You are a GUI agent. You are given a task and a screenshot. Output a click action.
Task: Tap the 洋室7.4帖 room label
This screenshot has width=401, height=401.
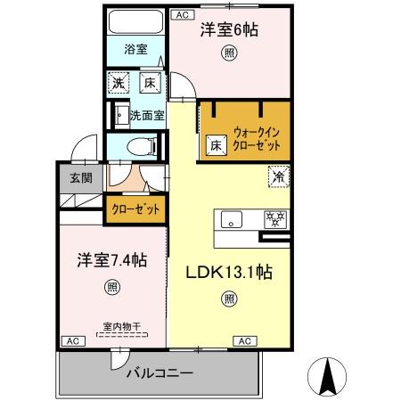110,261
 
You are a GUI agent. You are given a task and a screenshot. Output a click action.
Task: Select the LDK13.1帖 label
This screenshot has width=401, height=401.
228,274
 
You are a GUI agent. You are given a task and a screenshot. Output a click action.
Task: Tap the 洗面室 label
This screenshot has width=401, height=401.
146,115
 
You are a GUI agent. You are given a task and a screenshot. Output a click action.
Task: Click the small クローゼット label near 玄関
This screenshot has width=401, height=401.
135,209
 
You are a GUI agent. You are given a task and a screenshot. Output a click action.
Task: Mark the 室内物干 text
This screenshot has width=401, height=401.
110,327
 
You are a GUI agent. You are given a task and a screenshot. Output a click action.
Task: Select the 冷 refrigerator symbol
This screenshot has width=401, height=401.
279,176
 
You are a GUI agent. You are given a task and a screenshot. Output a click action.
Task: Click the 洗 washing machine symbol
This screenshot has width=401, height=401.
119,86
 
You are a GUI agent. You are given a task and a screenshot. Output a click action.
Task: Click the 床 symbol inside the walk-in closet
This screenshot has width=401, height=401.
216,143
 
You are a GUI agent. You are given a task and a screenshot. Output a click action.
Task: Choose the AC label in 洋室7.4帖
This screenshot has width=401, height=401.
71,340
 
